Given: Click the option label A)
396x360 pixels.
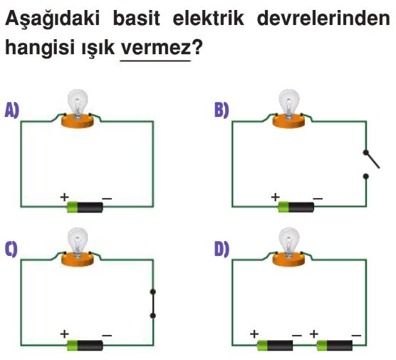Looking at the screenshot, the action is coord(12,110).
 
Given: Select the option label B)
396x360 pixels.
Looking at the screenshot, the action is coord(222,110).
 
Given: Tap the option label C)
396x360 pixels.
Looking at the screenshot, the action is coord(11,249).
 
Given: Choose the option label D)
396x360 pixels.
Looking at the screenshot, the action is coord(222,249).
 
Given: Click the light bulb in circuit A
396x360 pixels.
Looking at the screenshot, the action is coord(78,103).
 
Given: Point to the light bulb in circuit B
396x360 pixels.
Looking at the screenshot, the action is coord(289,103).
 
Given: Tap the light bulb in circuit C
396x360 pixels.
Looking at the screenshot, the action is coord(78,242).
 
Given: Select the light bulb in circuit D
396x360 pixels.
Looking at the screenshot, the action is coord(289,242).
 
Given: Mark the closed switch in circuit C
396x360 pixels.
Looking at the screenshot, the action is coord(153,304).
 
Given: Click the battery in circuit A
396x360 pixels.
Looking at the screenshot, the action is coord(85,207).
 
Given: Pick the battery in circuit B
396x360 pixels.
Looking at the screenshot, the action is coord(296,207).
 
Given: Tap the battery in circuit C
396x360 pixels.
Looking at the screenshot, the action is coord(85,345).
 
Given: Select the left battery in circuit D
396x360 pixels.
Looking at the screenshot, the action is coord(276,345).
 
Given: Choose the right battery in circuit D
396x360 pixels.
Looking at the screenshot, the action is coord(335,345).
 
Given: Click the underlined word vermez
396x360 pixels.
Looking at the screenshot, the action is coord(156,48).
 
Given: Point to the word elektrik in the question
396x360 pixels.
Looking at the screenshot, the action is coord(209,19).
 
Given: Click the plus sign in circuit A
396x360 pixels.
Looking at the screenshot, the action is coord(65,197).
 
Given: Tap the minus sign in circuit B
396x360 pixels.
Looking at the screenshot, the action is coord(318,199).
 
